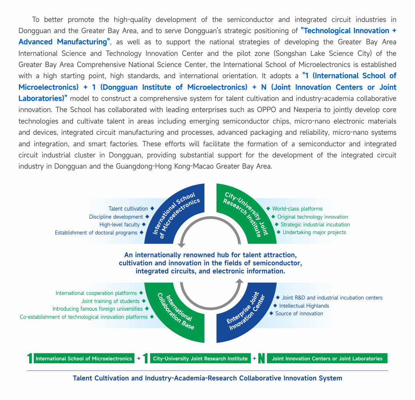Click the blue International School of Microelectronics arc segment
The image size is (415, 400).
pyautogui.click(x=173, y=216)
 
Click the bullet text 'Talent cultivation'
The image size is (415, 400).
pyautogui.click(x=128, y=209)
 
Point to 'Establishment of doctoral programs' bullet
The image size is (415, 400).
pyautogui.click(x=96, y=233)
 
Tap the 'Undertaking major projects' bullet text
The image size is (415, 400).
pyautogui.click(x=314, y=232)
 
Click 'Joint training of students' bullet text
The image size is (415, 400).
pyautogui.click(x=110, y=301)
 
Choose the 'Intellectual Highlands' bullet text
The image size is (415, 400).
pyautogui.click(x=304, y=306)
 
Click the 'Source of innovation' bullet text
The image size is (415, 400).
pyautogui.click(x=299, y=313)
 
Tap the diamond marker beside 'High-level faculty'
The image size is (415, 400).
pyautogui.click(x=144, y=224)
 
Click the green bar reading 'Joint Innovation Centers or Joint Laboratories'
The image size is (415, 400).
pyautogui.click(x=327, y=358)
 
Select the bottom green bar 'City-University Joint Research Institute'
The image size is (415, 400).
pyautogui.click(x=200, y=358)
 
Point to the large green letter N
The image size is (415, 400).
pyautogui.click(x=261, y=358)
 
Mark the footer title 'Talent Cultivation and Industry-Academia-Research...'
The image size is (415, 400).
pyautogui.click(x=207, y=378)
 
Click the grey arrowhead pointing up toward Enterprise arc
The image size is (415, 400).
pyautogui.click(x=240, y=282)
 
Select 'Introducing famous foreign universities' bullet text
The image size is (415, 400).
pyautogui.click(x=98, y=309)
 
